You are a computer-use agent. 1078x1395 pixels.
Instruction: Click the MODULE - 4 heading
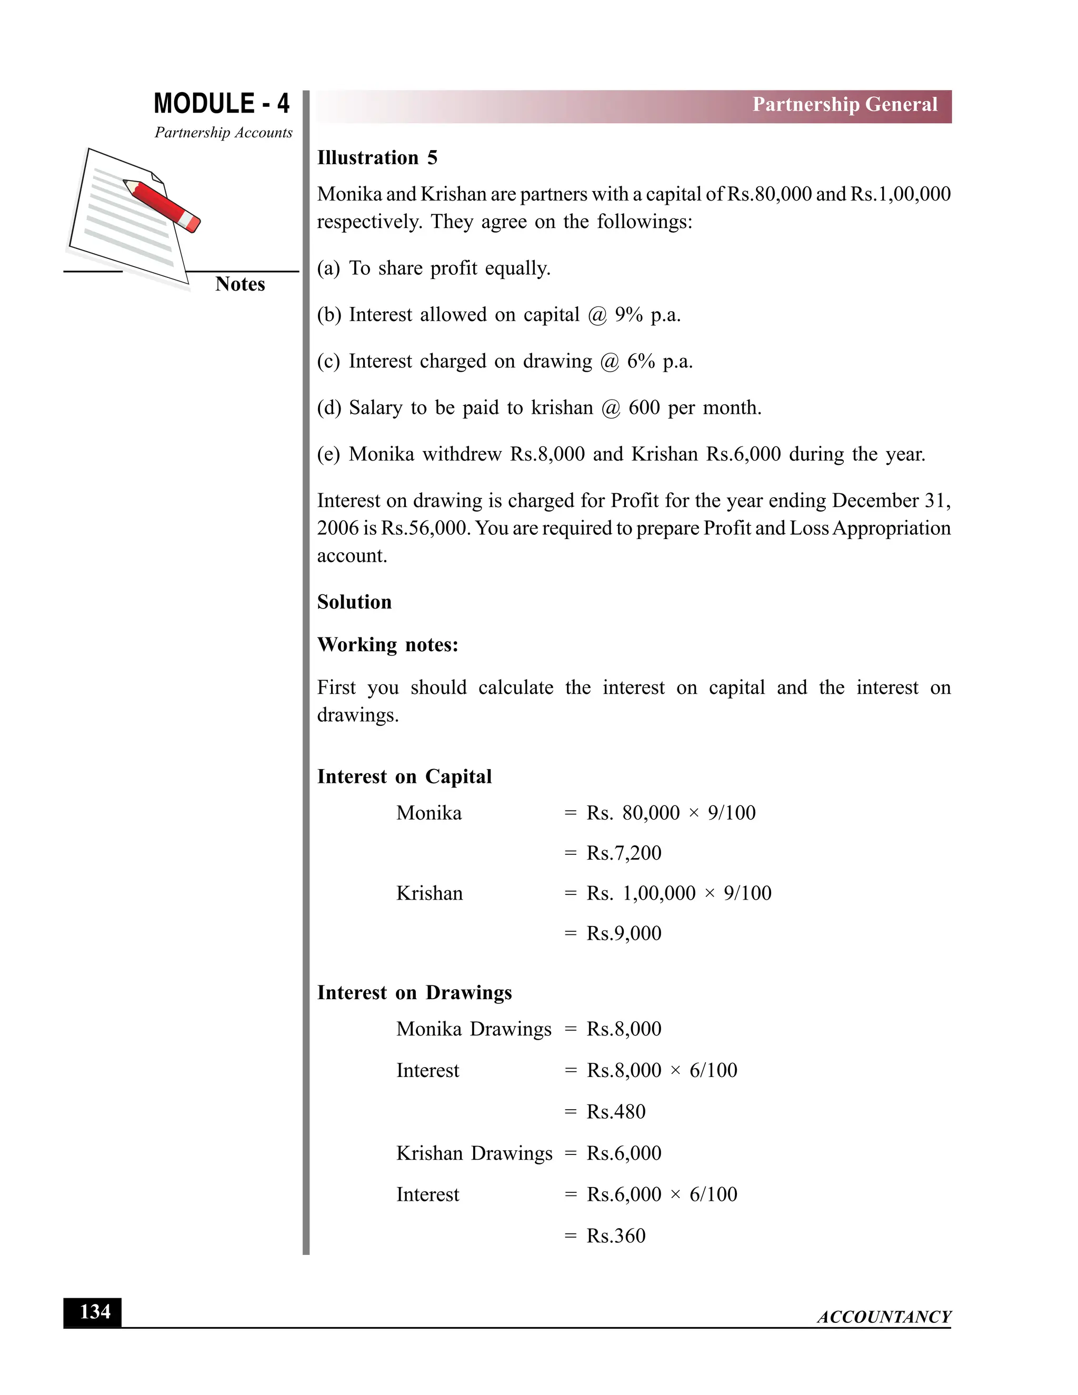click(x=221, y=104)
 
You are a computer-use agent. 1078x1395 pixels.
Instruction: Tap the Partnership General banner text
click(x=844, y=104)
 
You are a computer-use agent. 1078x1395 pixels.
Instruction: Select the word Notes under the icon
click(x=239, y=284)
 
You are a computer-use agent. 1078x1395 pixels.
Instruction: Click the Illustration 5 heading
click(x=377, y=158)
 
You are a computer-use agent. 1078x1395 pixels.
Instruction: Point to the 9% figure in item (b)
click(x=628, y=315)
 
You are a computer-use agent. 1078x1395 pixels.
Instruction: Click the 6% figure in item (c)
click(x=641, y=362)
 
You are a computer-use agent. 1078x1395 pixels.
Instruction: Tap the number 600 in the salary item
click(x=643, y=407)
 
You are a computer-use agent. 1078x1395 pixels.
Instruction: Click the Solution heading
click(x=354, y=602)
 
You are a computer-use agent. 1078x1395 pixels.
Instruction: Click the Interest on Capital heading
click(x=404, y=776)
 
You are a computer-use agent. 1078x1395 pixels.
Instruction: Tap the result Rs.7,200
click(x=623, y=853)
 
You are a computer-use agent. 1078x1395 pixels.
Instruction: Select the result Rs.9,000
click(x=623, y=933)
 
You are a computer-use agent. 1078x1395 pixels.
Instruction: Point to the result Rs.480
click(x=616, y=1111)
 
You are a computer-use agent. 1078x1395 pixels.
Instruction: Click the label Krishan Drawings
click(x=474, y=1153)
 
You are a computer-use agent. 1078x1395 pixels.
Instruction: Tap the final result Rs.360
click(x=616, y=1235)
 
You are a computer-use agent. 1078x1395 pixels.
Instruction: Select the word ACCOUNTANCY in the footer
click(x=884, y=1317)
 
